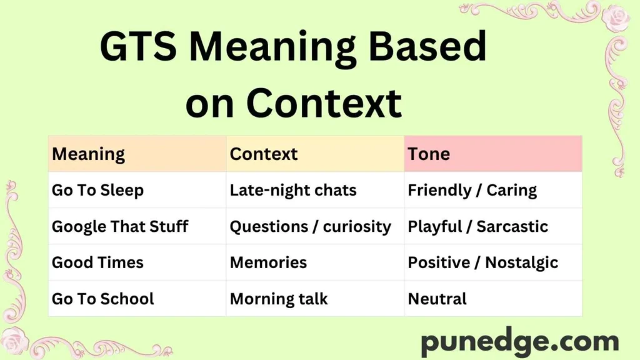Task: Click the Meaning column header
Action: [x=88, y=154]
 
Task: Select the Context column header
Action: [x=264, y=154]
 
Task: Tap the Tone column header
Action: [x=429, y=154]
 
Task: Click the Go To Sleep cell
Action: [x=97, y=190]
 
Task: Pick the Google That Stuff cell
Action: [x=120, y=226]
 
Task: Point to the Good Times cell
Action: [x=97, y=262]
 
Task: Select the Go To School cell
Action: [x=102, y=299]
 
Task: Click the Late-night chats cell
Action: [x=293, y=190]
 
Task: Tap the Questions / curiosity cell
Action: [x=310, y=226]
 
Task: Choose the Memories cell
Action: [x=268, y=262]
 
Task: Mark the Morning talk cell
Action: [x=279, y=299]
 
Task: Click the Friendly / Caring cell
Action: [x=472, y=190]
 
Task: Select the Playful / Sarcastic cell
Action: [x=477, y=226]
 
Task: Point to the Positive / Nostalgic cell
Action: [x=482, y=262]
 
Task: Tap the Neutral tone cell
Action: [x=437, y=299]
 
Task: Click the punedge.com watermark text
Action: [x=519, y=342]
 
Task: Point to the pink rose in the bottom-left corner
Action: [x=15, y=340]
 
